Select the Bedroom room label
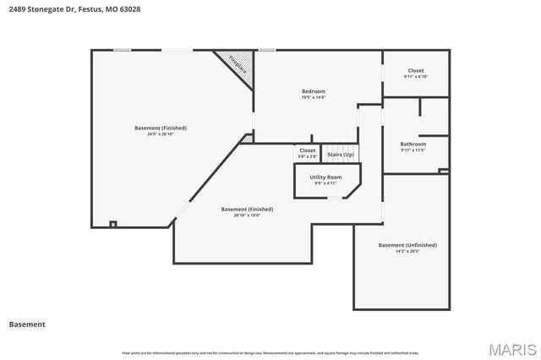(x=314, y=91)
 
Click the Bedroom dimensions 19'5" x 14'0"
(x=314, y=97)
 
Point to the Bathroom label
(x=413, y=144)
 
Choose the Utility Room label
(x=325, y=177)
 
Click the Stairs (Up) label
(x=341, y=155)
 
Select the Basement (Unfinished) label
(x=407, y=245)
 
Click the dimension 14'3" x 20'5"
(x=407, y=251)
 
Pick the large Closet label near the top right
(x=416, y=70)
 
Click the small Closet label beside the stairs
(x=308, y=150)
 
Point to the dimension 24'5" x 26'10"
(x=161, y=134)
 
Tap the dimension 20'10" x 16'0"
(x=247, y=215)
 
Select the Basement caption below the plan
(x=27, y=324)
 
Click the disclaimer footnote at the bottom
(x=270, y=352)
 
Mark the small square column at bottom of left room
(x=113, y=224)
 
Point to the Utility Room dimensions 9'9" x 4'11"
(x=325, y=183)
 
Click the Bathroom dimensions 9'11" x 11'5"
(x=413, y=150)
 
